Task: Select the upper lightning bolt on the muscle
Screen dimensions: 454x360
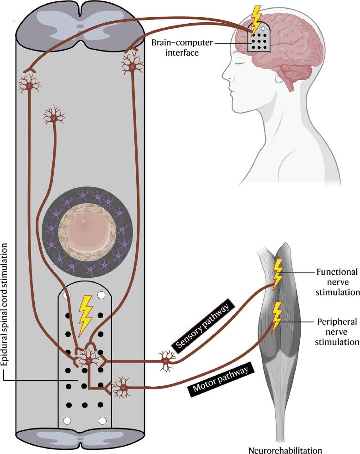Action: click(278, 274)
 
